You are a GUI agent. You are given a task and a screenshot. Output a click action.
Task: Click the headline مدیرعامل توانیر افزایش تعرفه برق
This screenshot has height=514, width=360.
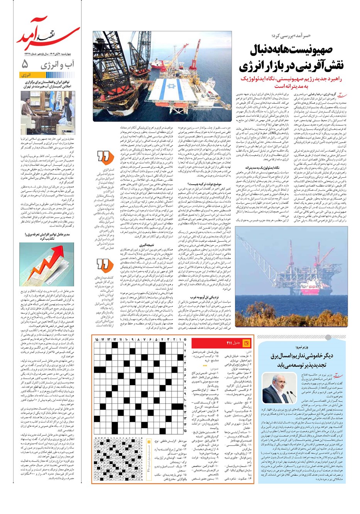tap(48, 236)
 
